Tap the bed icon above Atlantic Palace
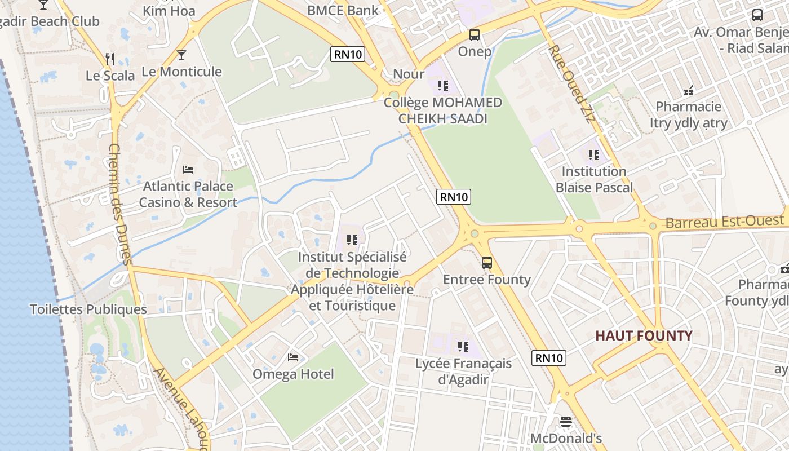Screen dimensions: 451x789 [188, 169]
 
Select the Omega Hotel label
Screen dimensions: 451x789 [293, 374]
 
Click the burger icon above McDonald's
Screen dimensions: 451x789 [566, 421]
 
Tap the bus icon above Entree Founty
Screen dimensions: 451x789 [486, 262]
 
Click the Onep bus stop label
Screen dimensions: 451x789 [475, 51]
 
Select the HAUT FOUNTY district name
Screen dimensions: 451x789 [644, 336]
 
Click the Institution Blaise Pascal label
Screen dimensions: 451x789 [594, 179]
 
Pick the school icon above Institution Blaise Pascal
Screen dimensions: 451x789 [593, 154]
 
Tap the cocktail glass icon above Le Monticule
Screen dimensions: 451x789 [181, 55]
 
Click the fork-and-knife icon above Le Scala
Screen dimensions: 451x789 [110, 59]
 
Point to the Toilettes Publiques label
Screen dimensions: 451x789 [88, 309]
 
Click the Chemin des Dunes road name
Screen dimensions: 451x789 [119, 203]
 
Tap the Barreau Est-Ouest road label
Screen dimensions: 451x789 [725, 222]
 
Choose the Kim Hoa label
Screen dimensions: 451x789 [169, 11]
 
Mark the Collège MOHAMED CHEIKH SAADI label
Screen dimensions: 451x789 [442, 110]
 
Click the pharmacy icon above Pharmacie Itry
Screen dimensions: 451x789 [688, 90]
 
